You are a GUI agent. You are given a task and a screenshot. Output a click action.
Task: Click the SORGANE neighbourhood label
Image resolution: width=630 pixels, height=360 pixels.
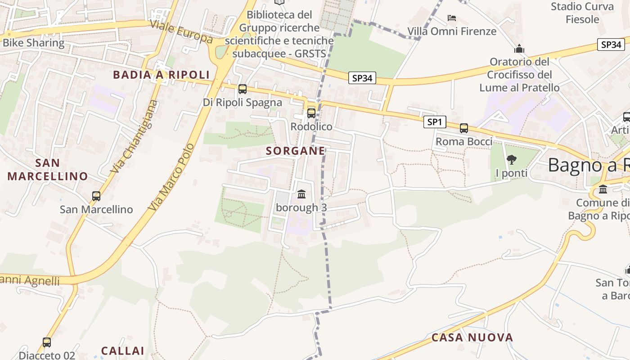point(295,151)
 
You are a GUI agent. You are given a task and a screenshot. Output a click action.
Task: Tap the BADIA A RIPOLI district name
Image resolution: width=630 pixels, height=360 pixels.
point(162,75)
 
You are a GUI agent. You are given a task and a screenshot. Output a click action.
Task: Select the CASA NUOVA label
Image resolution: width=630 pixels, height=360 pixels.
point(472,337)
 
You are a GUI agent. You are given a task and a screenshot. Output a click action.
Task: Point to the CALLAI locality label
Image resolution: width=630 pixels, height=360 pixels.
point(122,351)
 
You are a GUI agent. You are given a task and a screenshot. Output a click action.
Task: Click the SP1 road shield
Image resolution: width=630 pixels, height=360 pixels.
point(435,122)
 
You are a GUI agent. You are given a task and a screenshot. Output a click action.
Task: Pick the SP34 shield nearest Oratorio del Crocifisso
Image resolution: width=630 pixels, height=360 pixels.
point(611,45)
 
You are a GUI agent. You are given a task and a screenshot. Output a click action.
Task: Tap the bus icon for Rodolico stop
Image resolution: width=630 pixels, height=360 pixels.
point(311,113)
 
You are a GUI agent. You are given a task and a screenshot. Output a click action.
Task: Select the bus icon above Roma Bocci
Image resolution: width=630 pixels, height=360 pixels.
point(464,128)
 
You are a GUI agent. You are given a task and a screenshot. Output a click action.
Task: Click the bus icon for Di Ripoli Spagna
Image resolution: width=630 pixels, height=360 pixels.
point(243,89)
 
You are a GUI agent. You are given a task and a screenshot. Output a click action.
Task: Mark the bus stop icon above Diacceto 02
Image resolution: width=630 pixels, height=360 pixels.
point(47,342)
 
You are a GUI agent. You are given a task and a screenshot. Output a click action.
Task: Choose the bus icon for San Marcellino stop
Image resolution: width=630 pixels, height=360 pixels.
point(96,196)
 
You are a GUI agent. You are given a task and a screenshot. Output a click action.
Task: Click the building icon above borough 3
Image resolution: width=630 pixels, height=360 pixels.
point(301,194)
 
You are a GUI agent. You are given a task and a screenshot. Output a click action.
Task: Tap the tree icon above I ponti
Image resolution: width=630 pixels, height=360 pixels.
point(511,159)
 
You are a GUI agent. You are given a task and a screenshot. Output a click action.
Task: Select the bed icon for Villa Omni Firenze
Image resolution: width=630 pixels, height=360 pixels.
point(452,18)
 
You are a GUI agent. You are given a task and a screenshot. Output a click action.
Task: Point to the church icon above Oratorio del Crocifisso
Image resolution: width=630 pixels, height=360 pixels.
point(519,49)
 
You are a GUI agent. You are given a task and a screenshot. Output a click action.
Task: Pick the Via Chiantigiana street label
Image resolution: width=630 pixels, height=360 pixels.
point(135,137)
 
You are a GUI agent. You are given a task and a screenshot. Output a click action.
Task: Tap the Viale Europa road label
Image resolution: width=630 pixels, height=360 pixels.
point(181,32)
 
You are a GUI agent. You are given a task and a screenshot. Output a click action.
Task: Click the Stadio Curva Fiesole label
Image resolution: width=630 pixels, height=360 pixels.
point(582,13)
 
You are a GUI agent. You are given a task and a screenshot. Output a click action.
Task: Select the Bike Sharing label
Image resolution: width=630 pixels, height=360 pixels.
point(34,43)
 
